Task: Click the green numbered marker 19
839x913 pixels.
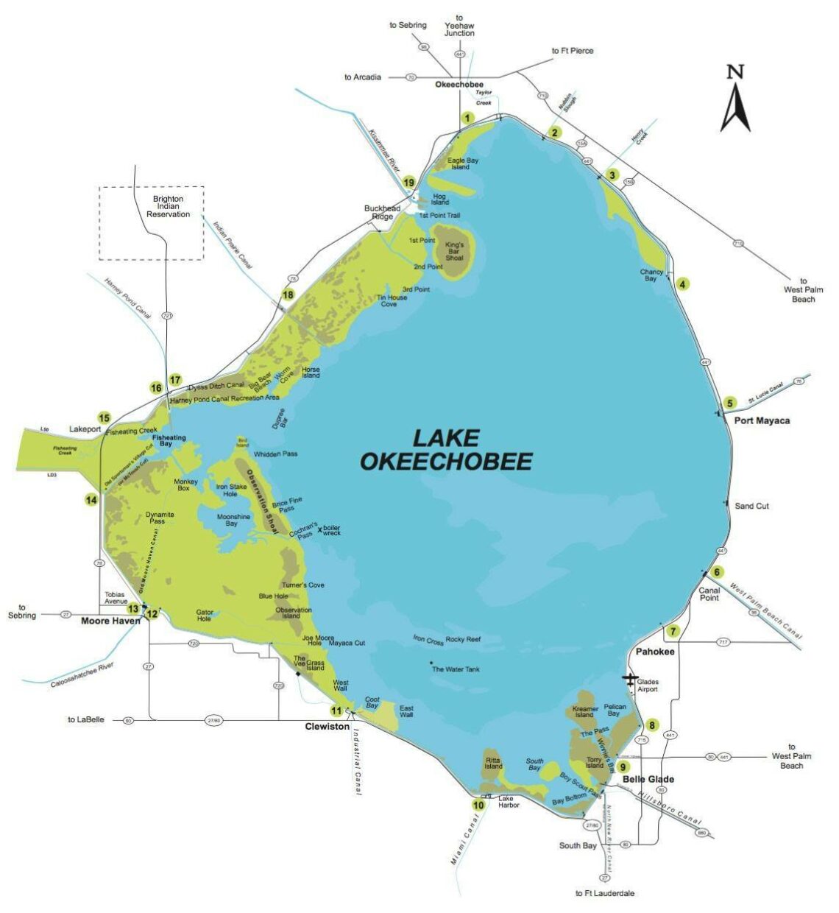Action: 409,183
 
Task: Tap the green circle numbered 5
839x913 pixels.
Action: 729,403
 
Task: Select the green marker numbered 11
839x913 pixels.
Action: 336,711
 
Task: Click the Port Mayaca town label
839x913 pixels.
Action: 762,420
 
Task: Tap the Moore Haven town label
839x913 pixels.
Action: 110,621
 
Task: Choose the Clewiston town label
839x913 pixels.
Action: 327,726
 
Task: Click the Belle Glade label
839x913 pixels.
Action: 648,779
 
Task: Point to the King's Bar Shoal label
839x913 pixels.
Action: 454,247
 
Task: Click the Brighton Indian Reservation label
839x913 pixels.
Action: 168,206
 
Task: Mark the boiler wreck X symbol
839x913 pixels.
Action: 319,529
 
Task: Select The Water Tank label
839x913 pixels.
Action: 456,669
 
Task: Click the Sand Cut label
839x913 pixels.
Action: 751,506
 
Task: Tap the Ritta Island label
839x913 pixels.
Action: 493,762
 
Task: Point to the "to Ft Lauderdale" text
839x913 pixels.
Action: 604,893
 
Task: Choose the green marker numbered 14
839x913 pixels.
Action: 91,500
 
